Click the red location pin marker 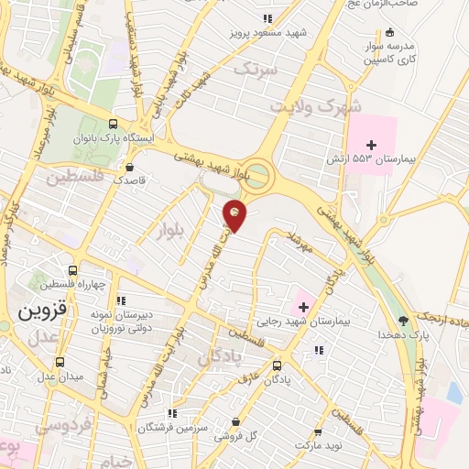click(x=235, y=214)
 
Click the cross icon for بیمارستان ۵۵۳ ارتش click(x=372, y=145)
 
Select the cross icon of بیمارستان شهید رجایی click(x=304, y=306)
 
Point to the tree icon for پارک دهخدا click(x=403, y=321)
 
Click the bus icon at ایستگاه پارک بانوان click(x=113, y=124)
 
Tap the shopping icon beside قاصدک click(x=131, y=168)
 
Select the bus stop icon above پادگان click(x=278, y=365)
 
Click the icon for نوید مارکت click(x=318, y=431)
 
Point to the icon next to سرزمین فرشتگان click(x=173, y=413)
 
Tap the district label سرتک click(x=254, y=69)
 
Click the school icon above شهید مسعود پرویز click(x=267, y=18)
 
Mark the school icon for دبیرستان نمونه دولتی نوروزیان click(x=121, y=300)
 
